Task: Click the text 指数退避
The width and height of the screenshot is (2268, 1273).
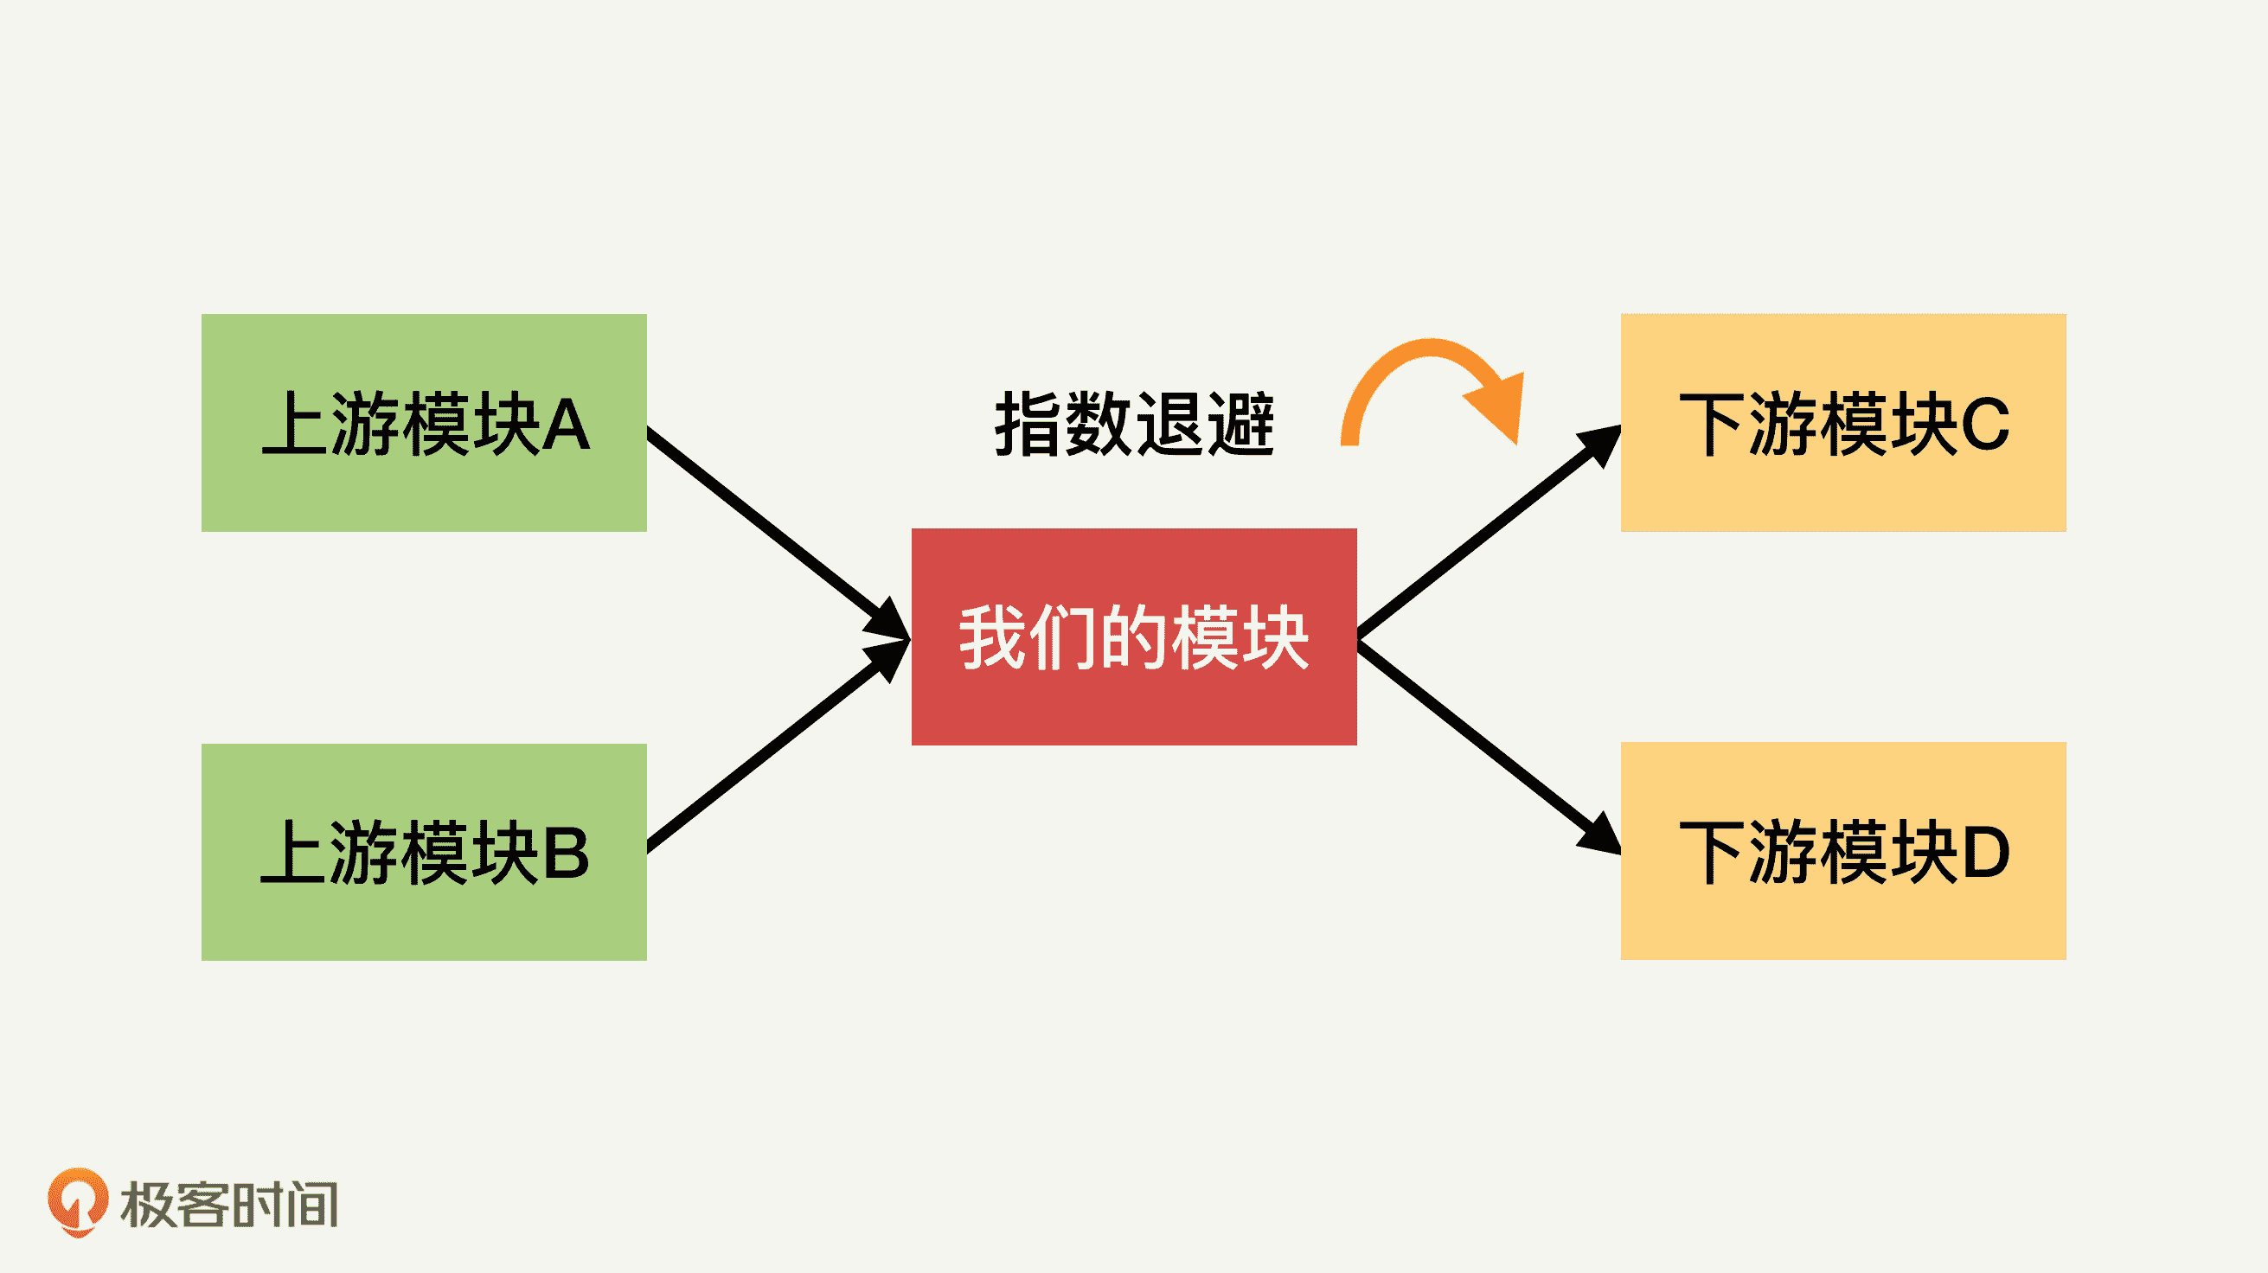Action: pos(1134,425)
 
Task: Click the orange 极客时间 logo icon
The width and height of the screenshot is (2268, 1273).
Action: pos(78,1201)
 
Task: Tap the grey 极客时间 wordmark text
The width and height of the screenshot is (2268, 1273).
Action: pos(229,1205)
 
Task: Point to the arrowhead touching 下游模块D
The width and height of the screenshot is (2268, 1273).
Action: pos(1599,835)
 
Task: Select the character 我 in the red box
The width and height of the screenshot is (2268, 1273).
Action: pos(990,637)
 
